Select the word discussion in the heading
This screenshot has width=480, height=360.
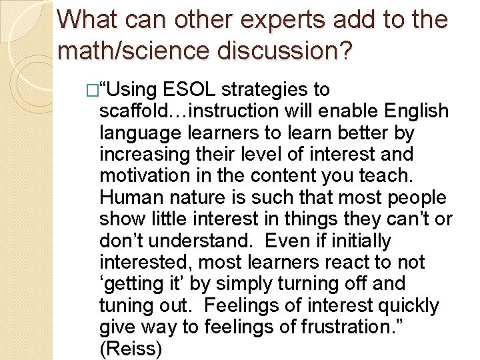coord(283,50)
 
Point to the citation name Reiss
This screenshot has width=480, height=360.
coord(130,349)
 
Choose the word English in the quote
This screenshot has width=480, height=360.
coord(414,111)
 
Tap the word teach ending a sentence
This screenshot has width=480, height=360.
coord(387,176)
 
